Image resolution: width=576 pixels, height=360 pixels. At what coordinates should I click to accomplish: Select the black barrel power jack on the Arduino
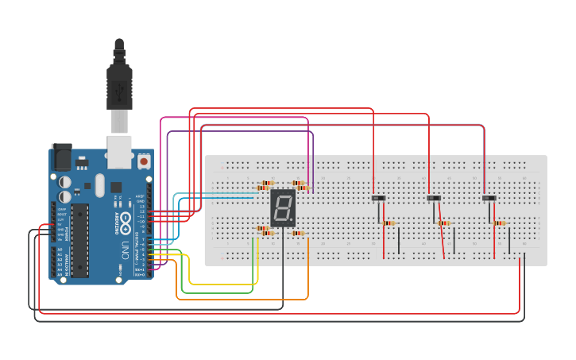61,157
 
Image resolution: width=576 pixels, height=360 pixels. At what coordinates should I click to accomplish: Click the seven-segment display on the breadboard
283,208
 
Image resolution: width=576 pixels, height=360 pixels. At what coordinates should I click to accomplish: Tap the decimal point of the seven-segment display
292,223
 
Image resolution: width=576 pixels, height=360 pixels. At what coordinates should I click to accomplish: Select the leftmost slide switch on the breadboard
379,198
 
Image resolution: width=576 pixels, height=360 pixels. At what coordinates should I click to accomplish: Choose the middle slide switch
434,198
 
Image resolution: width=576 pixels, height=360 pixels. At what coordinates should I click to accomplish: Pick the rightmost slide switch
489,198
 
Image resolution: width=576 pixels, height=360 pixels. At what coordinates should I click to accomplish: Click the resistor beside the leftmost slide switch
389,223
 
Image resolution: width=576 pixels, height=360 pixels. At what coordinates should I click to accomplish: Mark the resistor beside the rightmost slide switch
500,223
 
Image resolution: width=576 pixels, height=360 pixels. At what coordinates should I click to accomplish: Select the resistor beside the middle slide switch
444,223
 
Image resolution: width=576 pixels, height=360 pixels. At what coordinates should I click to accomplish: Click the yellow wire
222,284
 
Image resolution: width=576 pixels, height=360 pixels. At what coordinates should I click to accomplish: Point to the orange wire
238,300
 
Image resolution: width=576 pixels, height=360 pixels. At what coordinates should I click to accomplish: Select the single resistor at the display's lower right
299,233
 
